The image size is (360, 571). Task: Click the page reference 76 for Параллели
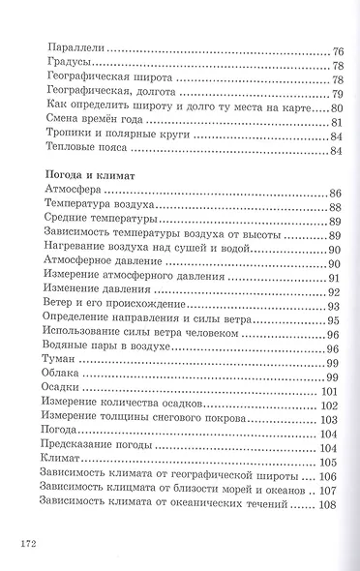pyautogui.click(x=338, y=49)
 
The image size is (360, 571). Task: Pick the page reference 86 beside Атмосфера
pyautogui.click(x=338, y=192)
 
